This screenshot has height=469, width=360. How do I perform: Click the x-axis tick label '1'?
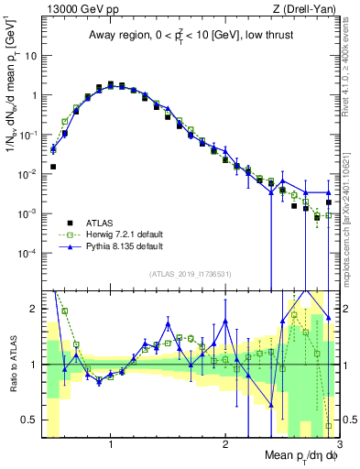pos(110,444)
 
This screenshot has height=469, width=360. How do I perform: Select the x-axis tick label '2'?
pos(225,444)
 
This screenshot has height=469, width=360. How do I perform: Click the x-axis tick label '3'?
pos(338,444)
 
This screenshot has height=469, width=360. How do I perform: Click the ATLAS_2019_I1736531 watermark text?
pos(189,274)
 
